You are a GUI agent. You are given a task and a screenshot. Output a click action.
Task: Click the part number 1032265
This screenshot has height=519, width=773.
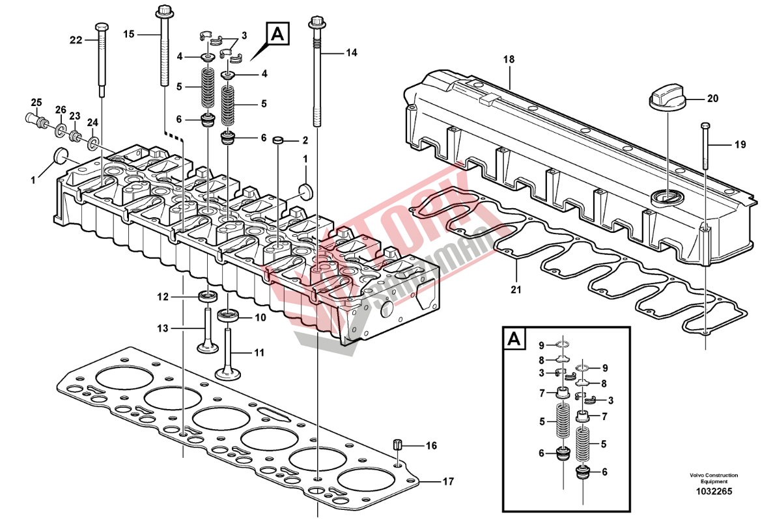coord(714,492)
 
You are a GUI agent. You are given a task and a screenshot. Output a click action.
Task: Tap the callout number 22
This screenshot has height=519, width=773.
coord(77,40)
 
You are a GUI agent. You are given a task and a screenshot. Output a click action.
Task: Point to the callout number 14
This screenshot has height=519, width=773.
coord(352,52)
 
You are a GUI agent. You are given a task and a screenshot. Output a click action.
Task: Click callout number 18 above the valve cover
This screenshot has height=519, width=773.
coord(509,59)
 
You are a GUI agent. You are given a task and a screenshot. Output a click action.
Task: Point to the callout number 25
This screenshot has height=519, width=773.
coord(36,102)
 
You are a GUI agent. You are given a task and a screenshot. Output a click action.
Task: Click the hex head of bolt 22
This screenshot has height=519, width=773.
coord(101,27)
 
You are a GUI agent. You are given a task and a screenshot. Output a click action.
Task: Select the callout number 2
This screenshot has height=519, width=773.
coord(304,140)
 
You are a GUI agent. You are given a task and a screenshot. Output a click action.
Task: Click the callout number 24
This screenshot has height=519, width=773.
coord(92,122)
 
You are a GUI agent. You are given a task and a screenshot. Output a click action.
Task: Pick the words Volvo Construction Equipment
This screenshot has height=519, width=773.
coord(714,478)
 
